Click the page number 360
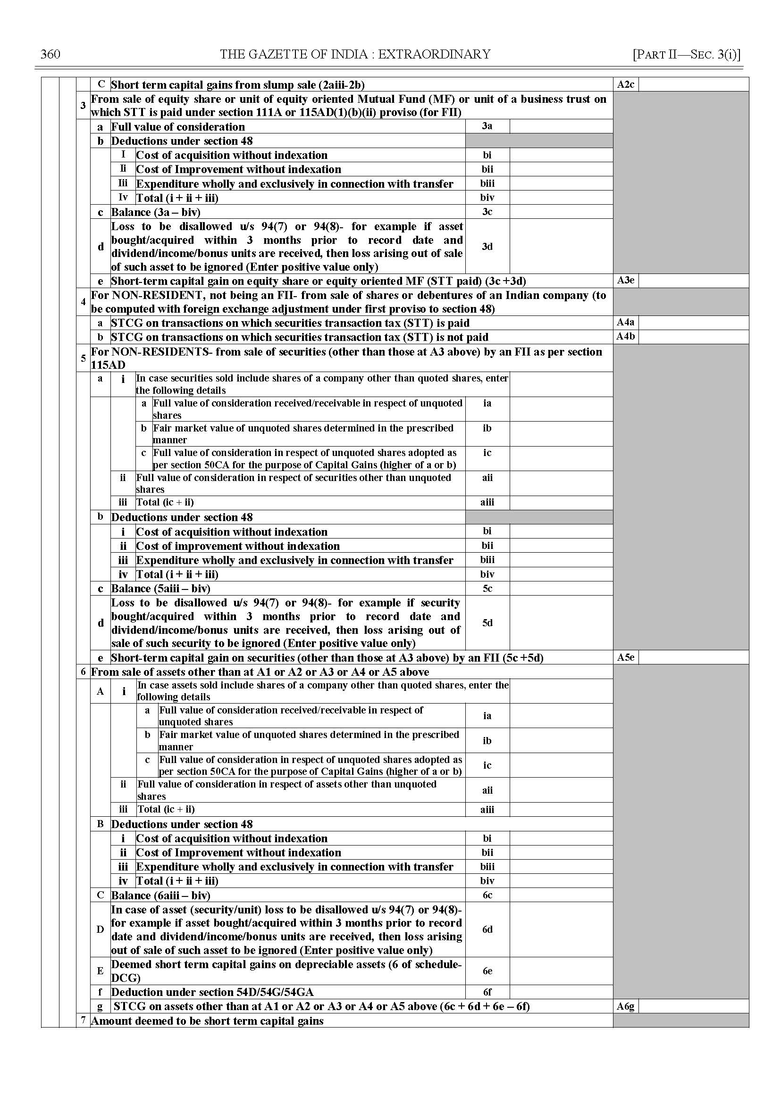coord(50,54)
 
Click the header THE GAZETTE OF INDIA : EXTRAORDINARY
coord(355,54)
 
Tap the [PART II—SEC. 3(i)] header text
coord(686,54)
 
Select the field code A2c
coord(625,84)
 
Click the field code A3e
coord(625,280)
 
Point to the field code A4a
coord(625,323)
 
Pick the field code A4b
coord(625,336)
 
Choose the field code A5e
coord(625,657)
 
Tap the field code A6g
coord(625,1006)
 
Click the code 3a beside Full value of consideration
coord(487,126)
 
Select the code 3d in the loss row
coord(487,246)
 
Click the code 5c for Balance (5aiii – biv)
coord(487,588)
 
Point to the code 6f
coord(487,992)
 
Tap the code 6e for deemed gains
coord(487,971)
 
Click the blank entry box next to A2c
coord(693,84)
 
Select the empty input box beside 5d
coord(561,622)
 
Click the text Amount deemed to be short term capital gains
coord(207,1021)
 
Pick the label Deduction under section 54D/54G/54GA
coord(212,992)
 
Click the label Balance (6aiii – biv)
coord(160,895)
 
